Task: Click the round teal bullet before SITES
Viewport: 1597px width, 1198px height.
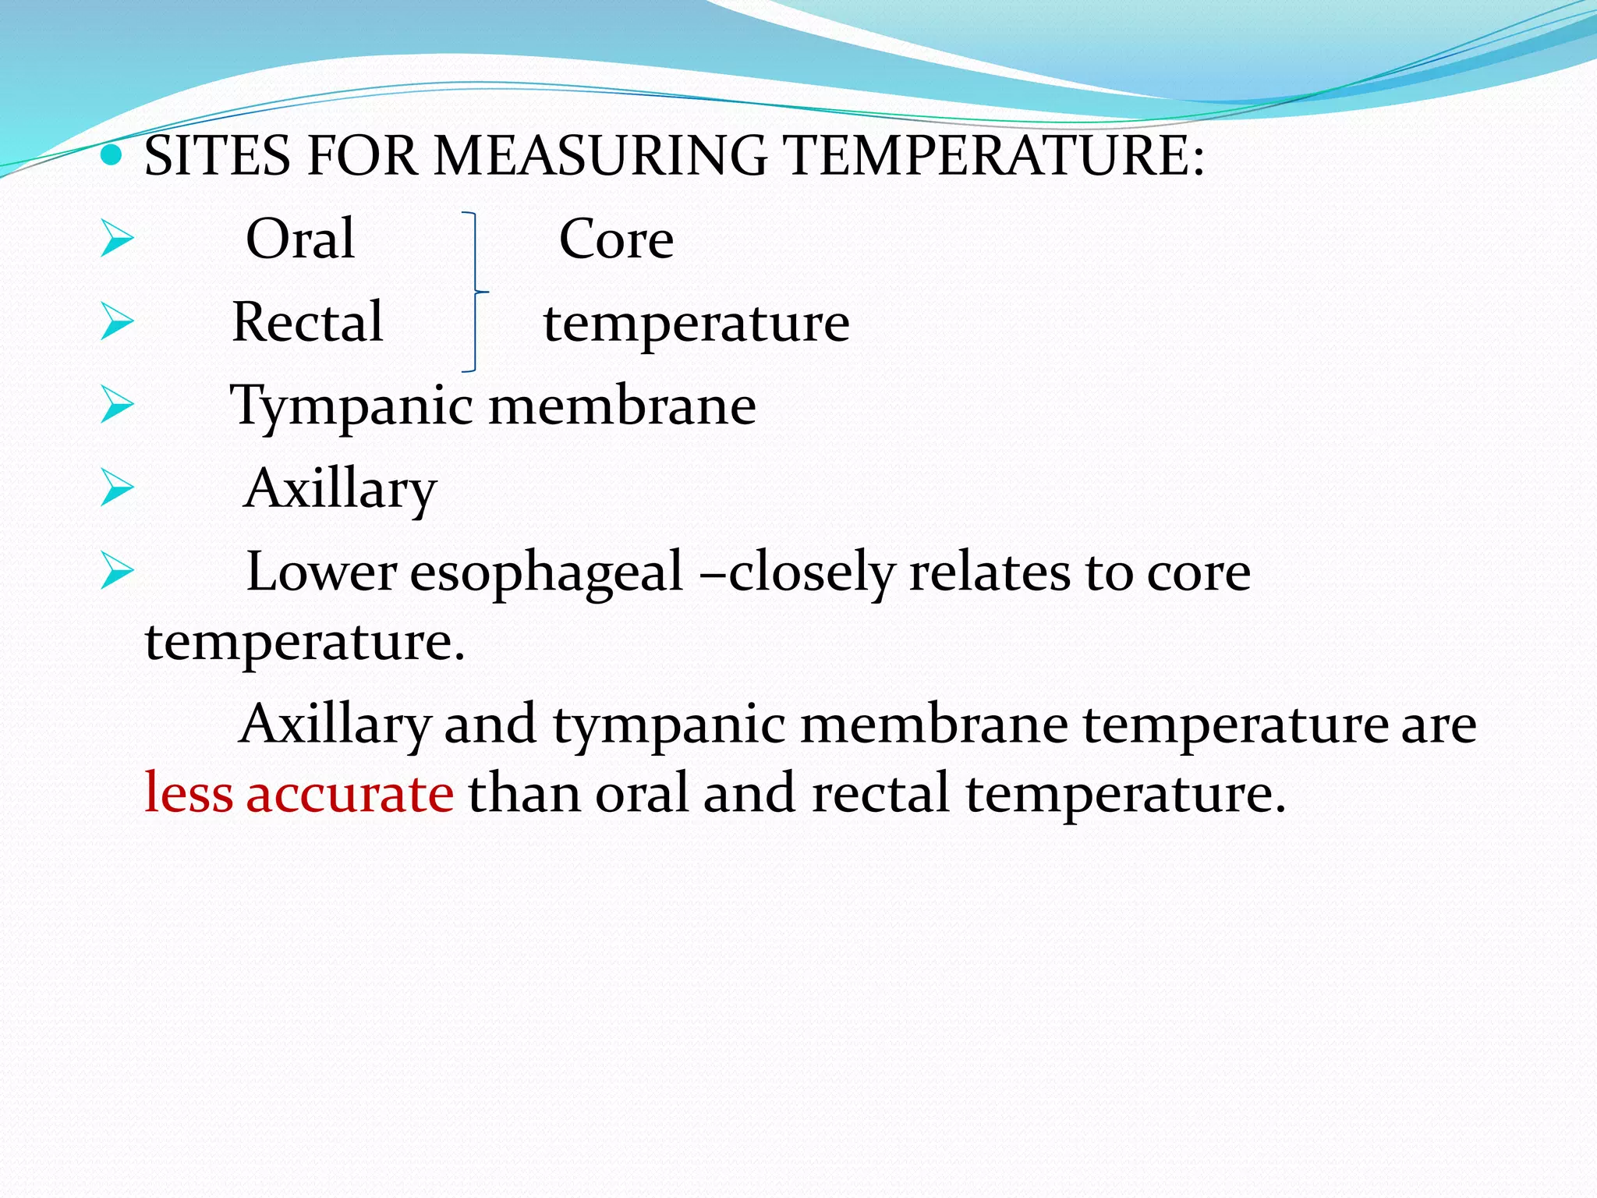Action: (112, 155)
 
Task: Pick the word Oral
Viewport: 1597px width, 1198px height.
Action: (300, 239)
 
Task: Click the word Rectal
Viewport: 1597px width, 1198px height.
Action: (307, 322)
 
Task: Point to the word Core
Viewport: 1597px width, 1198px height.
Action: (616, 239)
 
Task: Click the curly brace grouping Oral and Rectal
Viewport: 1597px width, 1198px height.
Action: (473, 292)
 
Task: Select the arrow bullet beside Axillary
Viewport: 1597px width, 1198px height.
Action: (117, 490)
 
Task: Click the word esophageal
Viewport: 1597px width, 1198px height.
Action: (547, 572)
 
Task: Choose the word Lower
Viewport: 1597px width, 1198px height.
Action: (321, 572)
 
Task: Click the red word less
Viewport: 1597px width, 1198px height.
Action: (189, 793)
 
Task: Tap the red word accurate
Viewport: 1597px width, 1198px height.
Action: (349, 793)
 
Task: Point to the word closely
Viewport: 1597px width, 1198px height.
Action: (811, 572)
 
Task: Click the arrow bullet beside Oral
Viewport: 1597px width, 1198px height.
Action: (117, 239)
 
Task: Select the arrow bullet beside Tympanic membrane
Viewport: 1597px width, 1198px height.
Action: (117, 406)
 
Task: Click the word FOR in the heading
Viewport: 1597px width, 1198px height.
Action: (363, 155)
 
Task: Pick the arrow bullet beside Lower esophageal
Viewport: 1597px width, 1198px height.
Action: (117, 572)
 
